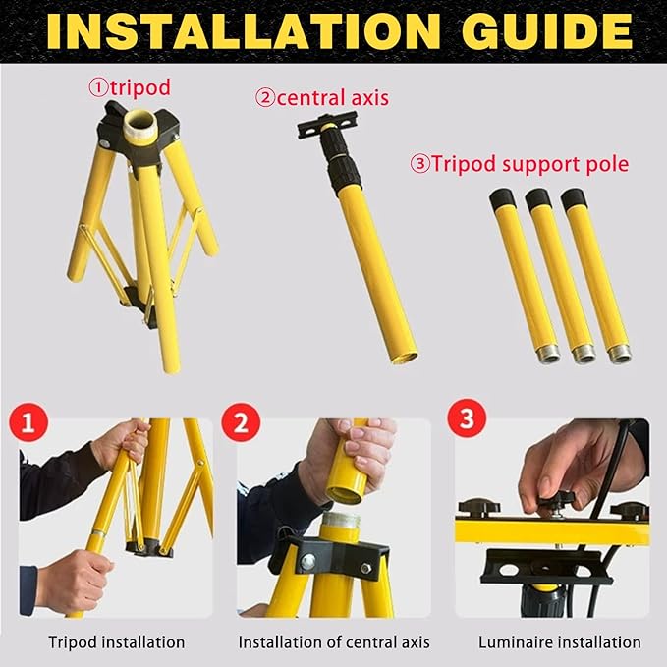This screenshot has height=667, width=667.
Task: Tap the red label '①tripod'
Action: (130, 88)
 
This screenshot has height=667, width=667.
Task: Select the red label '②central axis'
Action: (322, 97)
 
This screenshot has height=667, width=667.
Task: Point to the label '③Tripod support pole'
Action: (519, 163)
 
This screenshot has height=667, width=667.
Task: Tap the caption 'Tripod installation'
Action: (117, 642)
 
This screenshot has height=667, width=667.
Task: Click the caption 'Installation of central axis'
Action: (333, 642)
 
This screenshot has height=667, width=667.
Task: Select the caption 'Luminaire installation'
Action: (559, 642)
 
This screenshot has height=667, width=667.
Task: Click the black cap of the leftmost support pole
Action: (502, 199)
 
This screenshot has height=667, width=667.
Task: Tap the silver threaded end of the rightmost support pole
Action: (619, 353)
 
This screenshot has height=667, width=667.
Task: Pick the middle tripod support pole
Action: (560, 275)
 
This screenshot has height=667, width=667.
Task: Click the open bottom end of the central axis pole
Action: (403, 358)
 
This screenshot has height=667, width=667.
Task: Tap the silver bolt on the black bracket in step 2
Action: (308, 561)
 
